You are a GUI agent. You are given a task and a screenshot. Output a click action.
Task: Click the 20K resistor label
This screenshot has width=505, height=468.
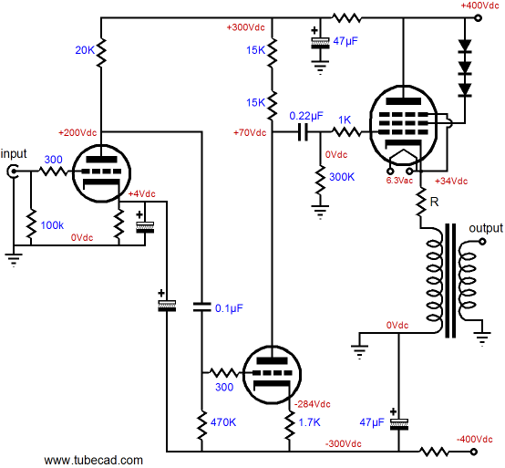click(85, 50)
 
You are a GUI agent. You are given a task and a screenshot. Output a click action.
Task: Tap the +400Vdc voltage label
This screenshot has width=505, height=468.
click(479, 5)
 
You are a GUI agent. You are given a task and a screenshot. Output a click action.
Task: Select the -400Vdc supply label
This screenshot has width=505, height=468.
click(474, 439)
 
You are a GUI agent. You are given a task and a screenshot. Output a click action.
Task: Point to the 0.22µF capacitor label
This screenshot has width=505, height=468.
click(306, 116)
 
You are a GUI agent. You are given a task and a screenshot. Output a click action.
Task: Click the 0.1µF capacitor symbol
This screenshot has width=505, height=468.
click(202, 307)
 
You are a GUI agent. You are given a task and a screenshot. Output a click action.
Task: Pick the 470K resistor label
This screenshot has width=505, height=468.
click(223, 422)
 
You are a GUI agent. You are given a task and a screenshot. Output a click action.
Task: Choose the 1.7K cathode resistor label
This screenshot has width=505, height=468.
click(309, 422)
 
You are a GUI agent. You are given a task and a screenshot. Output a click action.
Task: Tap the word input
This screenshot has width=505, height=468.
click(14, 154)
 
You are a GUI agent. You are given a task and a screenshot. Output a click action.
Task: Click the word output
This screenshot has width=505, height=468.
click(486, 228)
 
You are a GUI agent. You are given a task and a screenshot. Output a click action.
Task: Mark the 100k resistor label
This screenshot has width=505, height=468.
click(52, 225)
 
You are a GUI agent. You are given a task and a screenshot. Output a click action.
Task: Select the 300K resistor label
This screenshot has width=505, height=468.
click(342, 177)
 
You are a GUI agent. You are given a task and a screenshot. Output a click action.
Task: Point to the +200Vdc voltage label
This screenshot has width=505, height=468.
click(77, 132)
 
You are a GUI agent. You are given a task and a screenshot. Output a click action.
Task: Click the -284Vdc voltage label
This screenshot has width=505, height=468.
click(313, 404)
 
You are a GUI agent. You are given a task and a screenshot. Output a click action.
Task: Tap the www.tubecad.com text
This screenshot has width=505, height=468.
click(93, 460)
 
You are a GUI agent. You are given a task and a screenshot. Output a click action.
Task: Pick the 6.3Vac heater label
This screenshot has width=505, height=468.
click(399, 181)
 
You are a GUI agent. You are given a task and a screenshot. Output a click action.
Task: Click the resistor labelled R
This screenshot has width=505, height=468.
click(420, 203)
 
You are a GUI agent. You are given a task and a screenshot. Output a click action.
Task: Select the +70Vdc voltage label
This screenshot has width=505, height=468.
click(250, 132)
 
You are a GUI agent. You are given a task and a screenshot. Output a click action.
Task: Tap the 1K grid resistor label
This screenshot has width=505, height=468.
click(345, 120)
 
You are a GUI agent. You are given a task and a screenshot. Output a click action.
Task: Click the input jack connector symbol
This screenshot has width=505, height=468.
click(13, 172)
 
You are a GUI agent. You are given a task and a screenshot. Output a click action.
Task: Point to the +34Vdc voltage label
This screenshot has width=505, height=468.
click(451, 182)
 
